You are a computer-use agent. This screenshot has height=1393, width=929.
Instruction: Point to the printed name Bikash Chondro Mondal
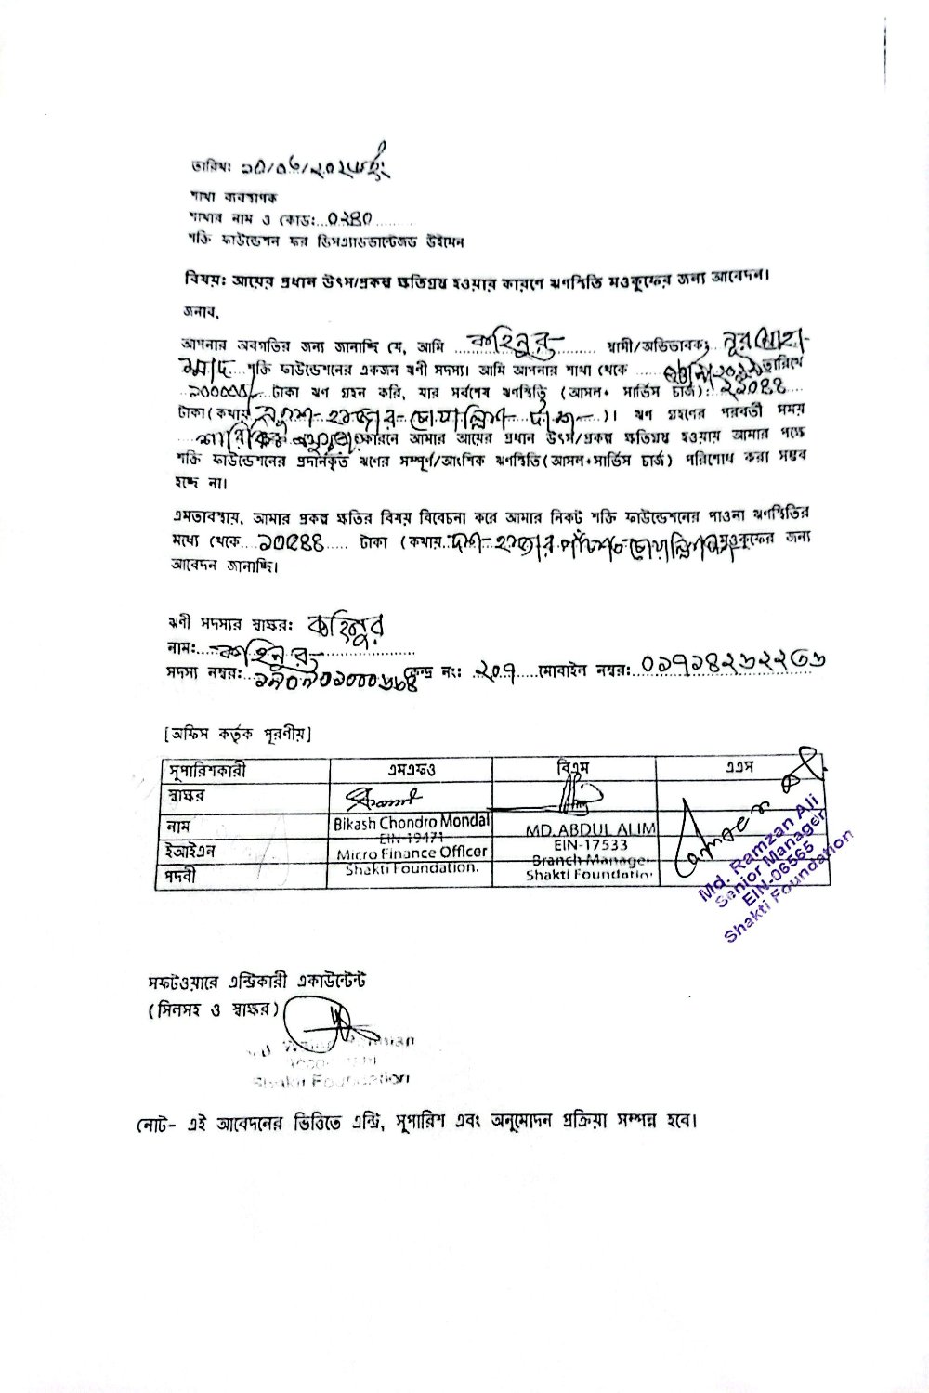[x=412, y=822]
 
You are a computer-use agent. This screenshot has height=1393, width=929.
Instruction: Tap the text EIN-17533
[x=590, y=845]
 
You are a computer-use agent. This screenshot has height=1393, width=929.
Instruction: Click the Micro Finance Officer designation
[x=412, y=853]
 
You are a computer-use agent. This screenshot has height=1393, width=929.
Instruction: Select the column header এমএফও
[x=411, y=770]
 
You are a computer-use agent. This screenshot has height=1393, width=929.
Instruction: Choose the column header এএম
[x=739, y=768]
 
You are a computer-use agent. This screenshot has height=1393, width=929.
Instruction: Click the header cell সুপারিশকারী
[x=206, y=771]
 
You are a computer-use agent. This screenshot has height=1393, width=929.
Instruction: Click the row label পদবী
[x=182, y=875]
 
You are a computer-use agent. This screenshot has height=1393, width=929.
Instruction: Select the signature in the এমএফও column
[x=385, y=797]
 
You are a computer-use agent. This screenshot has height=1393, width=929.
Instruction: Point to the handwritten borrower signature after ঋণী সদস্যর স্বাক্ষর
[x=346, y=625]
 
